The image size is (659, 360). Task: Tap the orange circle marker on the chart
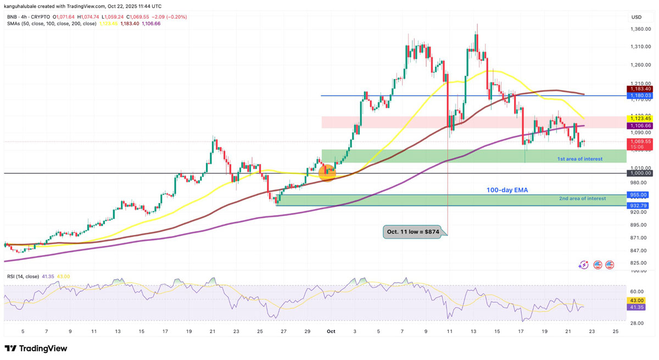coord(328,173)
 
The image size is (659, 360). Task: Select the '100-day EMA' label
coord(507,190)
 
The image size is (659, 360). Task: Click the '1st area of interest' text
coord(579,159)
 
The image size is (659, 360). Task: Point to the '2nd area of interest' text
coord(582,198)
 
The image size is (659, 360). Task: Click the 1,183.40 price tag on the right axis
coord(640,88)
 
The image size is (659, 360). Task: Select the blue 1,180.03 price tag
coord(640,95)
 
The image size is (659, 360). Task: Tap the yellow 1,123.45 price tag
coord(640,118)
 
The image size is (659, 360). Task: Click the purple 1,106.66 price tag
coord(640,126)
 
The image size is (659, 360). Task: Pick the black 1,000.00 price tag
coord(640,173)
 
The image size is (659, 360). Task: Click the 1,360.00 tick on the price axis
coord(640,29)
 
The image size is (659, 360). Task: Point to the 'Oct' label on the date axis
coord(331,331)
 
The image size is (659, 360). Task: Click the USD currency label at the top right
coord(636,17)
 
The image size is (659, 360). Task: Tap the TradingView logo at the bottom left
coord(36,348)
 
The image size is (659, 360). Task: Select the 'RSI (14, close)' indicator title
coord(23,276)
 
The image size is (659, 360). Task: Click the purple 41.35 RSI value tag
coord(637,308)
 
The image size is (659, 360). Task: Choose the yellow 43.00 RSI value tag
coord(637,301)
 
